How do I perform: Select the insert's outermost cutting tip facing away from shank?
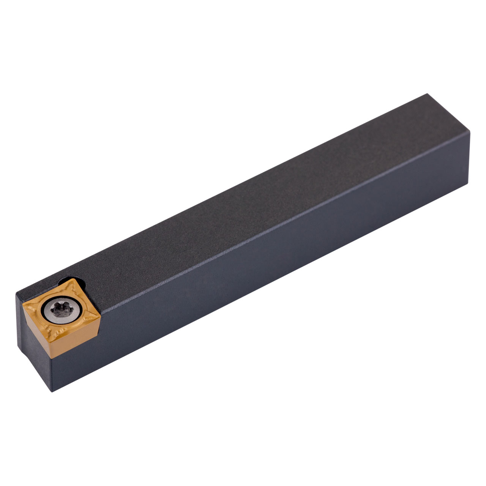(24, 304)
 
